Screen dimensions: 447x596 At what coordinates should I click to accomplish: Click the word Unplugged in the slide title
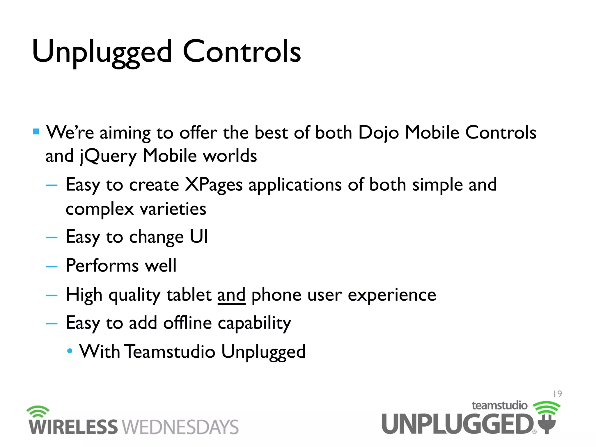tap(102, 52)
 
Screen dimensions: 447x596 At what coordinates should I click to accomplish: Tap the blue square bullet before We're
tap(36, 132)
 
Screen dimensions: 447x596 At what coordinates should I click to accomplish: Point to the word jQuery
tap(108, 156)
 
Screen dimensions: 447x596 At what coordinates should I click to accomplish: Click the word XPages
tap(214, 185)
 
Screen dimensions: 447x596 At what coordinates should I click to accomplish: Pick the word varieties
tap(173, 209)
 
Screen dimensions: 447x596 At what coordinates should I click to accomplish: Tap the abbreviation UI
tap(199, 236)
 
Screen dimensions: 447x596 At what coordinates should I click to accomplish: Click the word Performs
tap(102, 266)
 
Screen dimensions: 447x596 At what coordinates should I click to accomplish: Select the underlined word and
tap(231, 295)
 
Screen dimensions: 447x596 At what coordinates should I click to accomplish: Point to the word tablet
tap(189, 295)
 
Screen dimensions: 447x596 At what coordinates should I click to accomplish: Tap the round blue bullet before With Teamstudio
tap(70, 351)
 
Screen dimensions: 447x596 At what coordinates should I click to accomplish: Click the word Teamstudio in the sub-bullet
tap(170, 352)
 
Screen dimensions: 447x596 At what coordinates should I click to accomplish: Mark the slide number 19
tap(557, 394)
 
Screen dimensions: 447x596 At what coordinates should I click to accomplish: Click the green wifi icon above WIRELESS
tap(38, 411)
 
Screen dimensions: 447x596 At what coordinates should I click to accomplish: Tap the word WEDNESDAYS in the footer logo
tap(180, 427)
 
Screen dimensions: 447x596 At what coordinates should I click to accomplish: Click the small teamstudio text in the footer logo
tap(499, 405)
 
